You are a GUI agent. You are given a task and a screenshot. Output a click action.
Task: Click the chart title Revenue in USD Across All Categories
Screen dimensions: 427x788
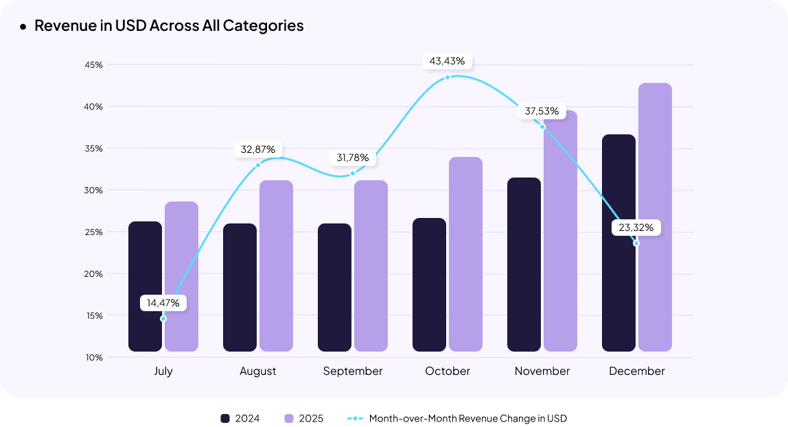169,26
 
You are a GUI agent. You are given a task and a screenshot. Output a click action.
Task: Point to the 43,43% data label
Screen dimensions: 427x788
447,61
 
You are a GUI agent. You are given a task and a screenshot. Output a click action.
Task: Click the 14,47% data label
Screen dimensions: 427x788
163,302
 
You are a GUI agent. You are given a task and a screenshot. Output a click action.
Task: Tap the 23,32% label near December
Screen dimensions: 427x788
636,228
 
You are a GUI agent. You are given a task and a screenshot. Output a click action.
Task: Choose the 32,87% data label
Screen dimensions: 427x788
258,149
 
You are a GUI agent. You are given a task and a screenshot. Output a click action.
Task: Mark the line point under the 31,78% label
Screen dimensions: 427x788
353,173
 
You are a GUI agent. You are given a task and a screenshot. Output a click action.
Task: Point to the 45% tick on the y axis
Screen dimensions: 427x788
94,65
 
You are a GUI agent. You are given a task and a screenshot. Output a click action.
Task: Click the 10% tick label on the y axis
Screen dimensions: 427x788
94,357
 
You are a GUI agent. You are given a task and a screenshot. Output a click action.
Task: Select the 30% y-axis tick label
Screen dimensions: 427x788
94,190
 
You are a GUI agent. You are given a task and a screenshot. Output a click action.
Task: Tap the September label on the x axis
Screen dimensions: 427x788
353,371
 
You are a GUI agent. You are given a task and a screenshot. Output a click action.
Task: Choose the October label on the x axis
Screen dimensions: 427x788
448,371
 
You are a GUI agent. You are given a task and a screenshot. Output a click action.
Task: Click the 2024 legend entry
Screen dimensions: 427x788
240,418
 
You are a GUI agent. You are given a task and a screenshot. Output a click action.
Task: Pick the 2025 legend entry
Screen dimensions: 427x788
303,418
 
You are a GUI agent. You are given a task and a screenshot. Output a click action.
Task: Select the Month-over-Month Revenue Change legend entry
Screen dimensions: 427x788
458,418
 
